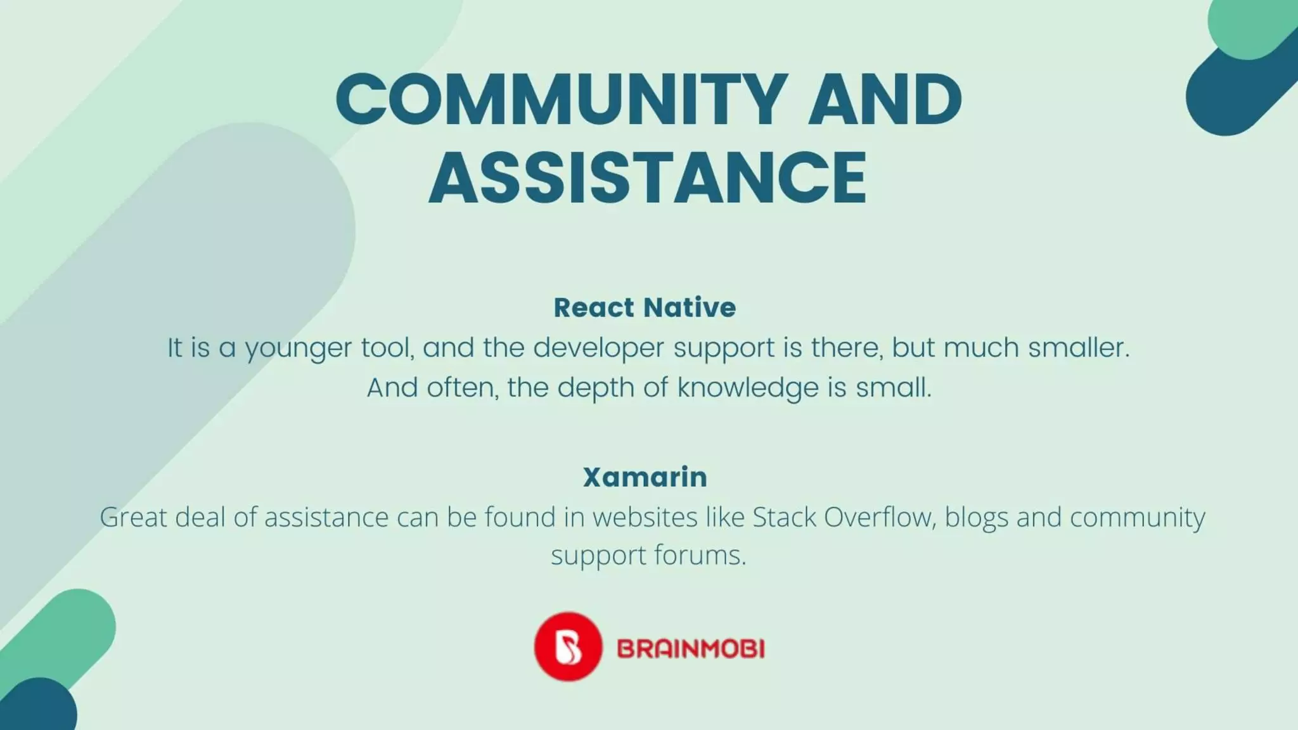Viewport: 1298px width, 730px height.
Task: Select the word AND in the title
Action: pos(885,99)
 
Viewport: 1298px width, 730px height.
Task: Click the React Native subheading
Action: pos(645,307)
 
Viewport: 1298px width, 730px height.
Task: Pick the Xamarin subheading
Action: pos(645,477)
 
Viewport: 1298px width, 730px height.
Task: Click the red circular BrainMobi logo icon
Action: pos(567,646)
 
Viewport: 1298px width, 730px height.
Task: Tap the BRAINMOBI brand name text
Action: pos(691,649)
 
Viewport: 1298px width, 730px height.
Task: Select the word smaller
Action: pos(1078,347)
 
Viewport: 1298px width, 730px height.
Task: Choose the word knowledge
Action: pos(748,388)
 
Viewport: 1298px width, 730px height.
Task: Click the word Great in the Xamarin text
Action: pos(132,517)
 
